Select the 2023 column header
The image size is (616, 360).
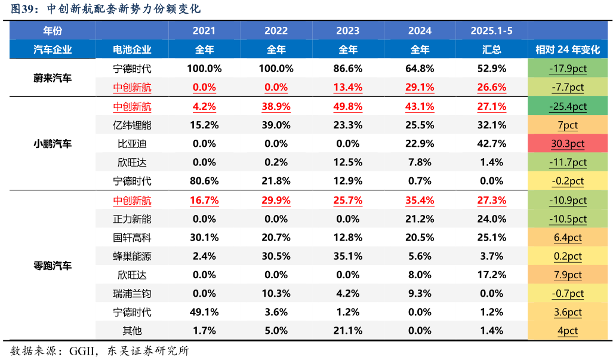click(348, 31)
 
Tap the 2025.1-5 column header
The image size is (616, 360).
click(491, 31)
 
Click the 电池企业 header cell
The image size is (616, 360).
click(132, 50)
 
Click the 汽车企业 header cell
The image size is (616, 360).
click(53, 50)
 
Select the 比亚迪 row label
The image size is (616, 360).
click(132, 144)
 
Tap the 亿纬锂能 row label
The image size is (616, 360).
click(132, 125)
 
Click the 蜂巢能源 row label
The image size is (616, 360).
click(132, 256)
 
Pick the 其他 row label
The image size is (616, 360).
click(132, 331)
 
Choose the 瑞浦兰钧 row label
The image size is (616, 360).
click(132, 294)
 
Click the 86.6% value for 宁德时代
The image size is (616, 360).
click(348, 69)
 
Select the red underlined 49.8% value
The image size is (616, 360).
click(348, 107)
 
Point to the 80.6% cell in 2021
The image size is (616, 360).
click(204, 181)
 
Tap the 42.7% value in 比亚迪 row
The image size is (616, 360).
click(491, 144)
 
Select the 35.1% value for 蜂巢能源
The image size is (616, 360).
click(348, 256)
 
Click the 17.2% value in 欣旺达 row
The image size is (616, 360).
click(491, 275)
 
